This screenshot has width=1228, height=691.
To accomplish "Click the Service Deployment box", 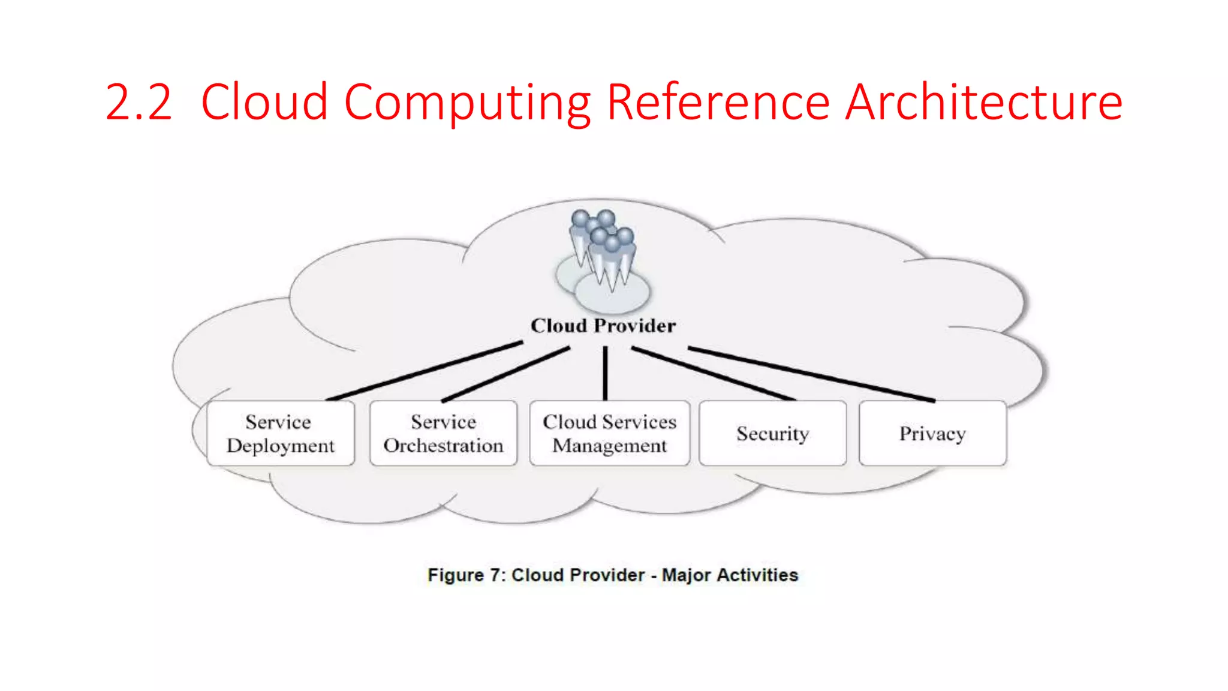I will pos(280,433).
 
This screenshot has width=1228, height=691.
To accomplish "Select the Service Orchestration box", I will pos(443,433).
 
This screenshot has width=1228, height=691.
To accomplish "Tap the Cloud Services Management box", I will pos(609,433).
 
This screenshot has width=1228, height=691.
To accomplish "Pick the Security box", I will pos(772,433).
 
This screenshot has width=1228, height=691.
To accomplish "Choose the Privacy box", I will pos(932,433).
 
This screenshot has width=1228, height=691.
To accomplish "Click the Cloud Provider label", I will pos(603,326).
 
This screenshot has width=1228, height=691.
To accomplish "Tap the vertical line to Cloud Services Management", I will pos(605,373).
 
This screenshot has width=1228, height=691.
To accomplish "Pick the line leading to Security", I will pos(714,373).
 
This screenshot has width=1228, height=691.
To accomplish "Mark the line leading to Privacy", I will pos(811,374).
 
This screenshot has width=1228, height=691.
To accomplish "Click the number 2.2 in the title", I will pos(139,103).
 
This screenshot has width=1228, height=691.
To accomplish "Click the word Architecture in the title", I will pos(983,103).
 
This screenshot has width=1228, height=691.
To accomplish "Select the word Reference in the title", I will pos(718,103).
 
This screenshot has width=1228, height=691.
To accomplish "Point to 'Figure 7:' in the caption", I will pos(466,575).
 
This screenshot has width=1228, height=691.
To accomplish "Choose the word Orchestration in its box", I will pos(443,446).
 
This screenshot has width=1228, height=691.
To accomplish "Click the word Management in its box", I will pos(609,446).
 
